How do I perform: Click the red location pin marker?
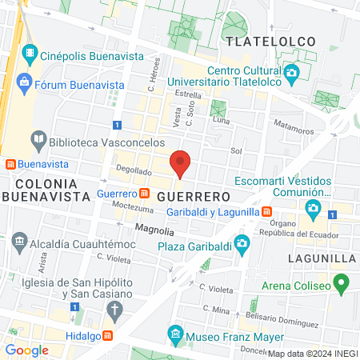tap(181, 164)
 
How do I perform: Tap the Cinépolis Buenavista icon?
tap(30, 55)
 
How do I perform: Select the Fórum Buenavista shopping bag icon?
tap(24, 82)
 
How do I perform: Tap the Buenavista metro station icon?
tap(10, 164)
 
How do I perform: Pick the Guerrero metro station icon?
tap(144, 194)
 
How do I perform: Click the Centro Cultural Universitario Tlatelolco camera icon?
tap(294, 74)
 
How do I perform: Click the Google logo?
tap(26, 350)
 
